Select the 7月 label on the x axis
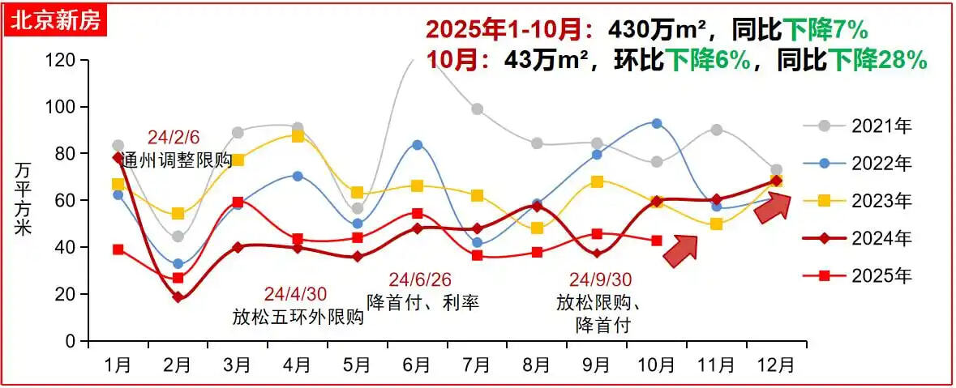click(477, 365)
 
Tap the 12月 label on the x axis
click(776, 365)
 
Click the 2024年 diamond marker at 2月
click(178, 297)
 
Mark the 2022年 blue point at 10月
click(657, 124)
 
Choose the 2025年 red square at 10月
click(657, 241)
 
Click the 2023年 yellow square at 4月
click(298, 136)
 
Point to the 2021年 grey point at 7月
click(477, 109)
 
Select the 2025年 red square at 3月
click(238, 202)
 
